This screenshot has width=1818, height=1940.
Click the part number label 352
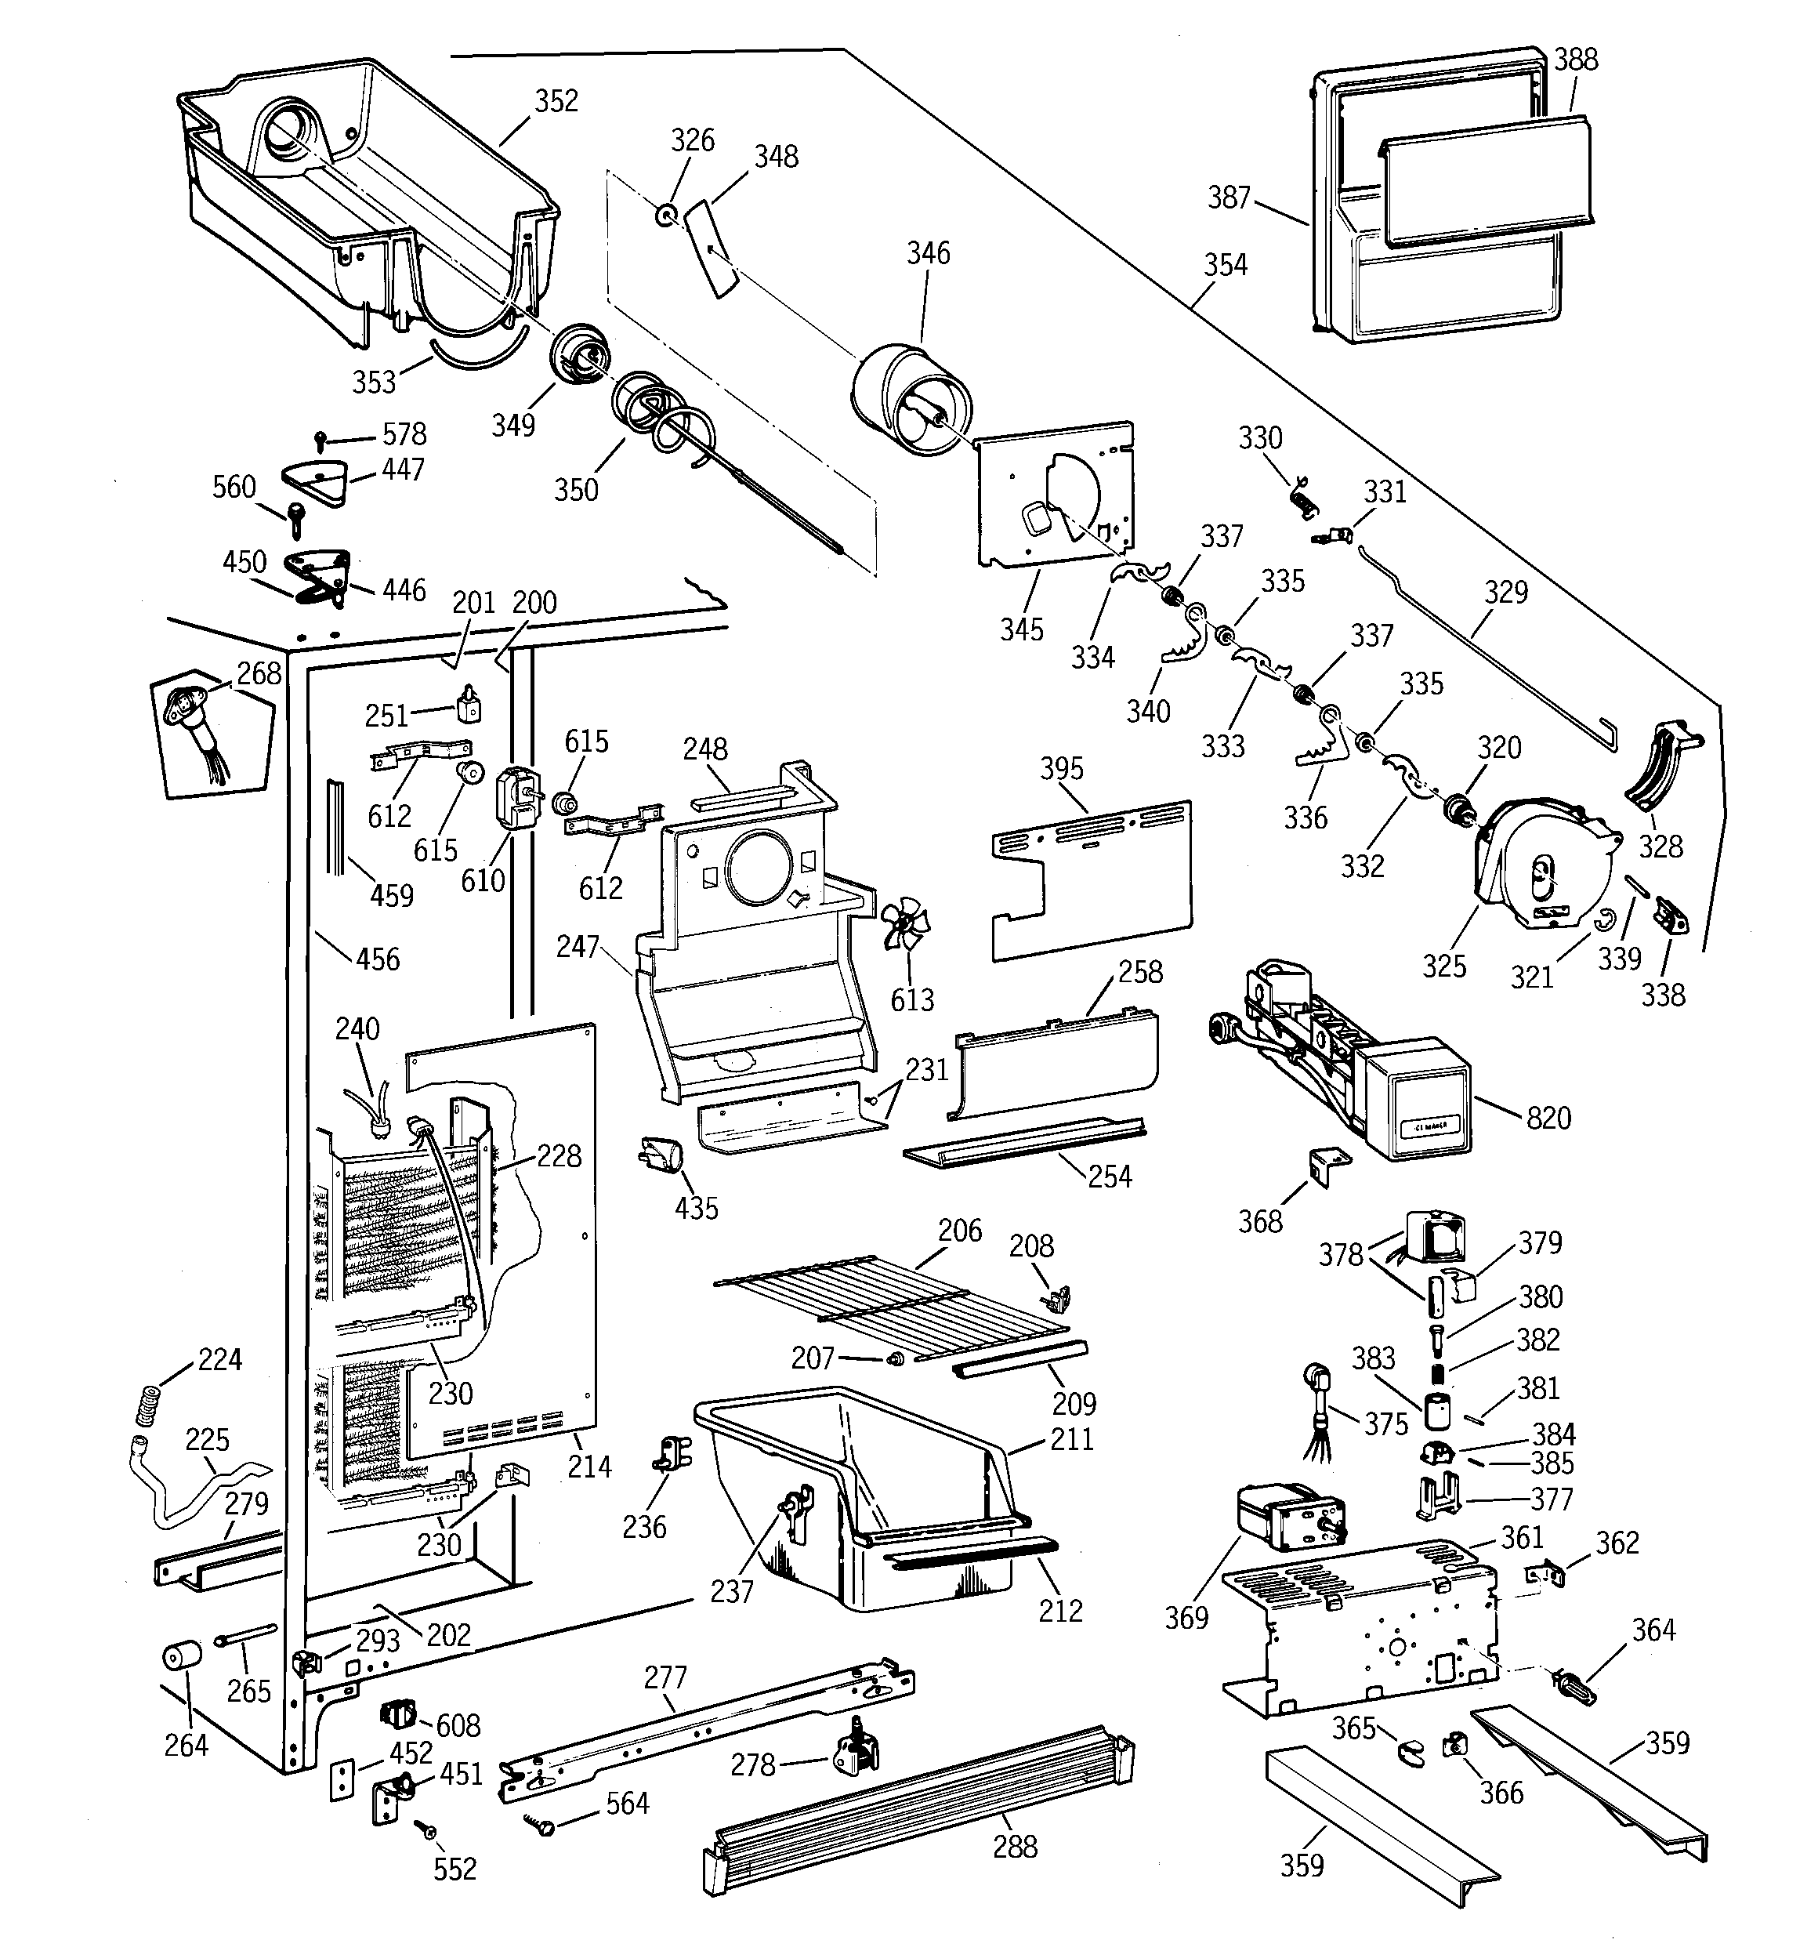[x=556, y=101]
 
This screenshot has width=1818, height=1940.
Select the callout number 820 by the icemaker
[x=1548, y=1117]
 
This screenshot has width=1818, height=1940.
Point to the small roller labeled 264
[x=180, y=1657]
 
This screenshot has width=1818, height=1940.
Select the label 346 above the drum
[x=927, y=254]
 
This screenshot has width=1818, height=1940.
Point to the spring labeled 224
[x=148, y=1405]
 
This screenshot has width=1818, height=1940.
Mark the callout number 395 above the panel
[x=1061, y=769]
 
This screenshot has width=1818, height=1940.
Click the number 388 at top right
[x=1576, y=60]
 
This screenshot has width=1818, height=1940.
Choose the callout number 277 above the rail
[x=665, y=1677]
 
